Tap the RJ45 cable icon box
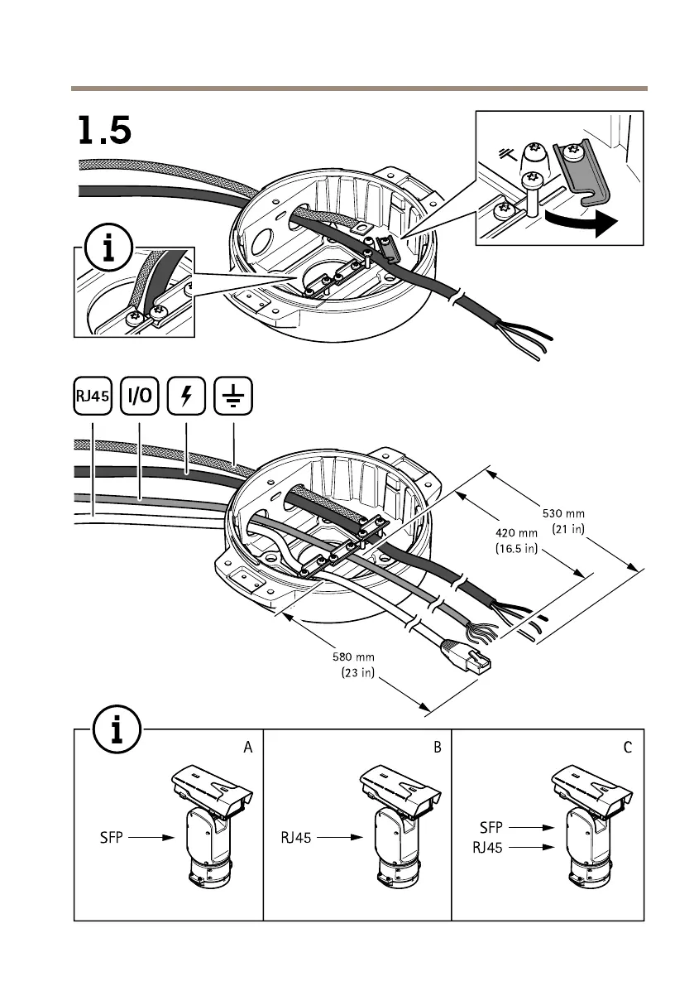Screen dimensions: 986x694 tap(93, 396)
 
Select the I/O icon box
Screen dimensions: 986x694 tap(139, 396)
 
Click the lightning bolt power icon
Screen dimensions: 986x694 tap(186, 396)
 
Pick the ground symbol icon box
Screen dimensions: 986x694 tap(233, 396)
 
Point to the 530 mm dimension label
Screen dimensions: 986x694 tap(562, 518)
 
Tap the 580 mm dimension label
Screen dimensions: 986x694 tap(358, 666)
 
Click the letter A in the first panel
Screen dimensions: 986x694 tap(247, 748)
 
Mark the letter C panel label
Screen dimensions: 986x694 tap(628, 748)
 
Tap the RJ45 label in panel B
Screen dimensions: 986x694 tap(295, 838)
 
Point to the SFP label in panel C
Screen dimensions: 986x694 tap(491, 826)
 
